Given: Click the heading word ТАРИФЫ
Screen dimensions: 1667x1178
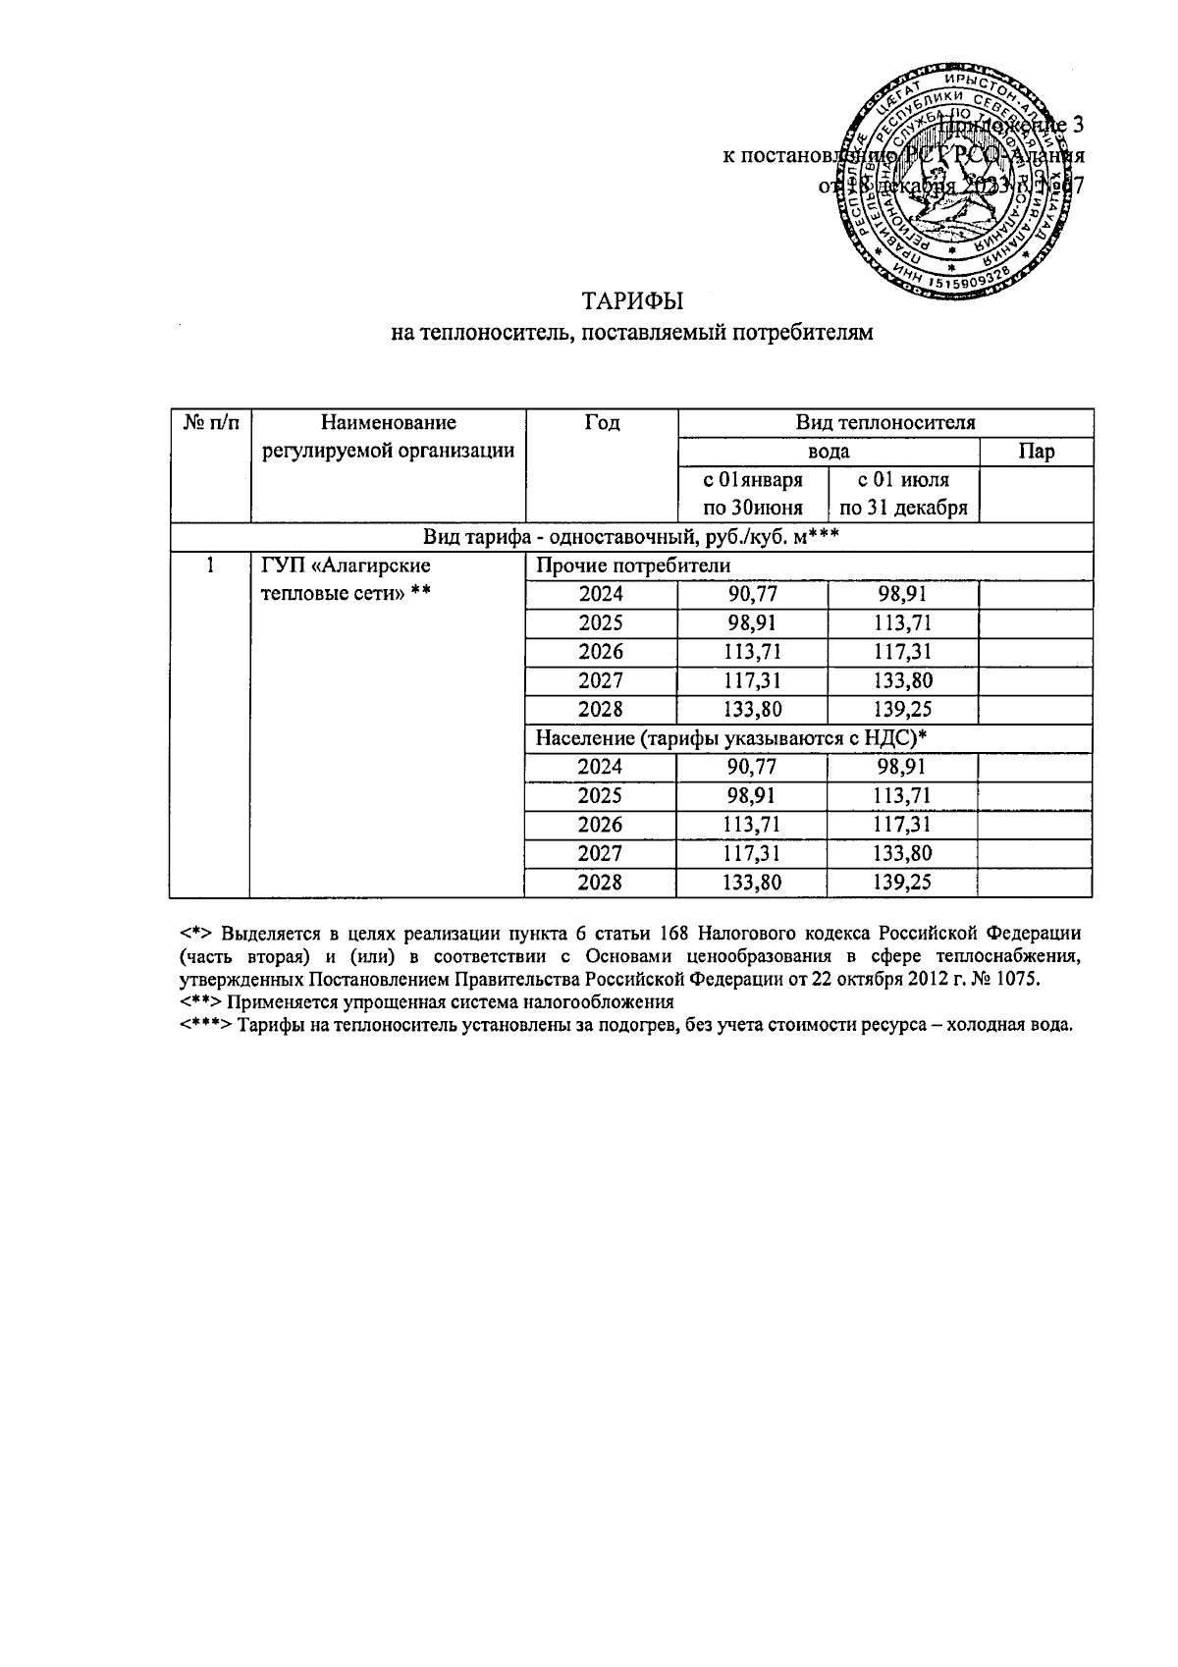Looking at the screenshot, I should (632, 300).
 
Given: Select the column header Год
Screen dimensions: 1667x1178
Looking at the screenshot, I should (602, 423).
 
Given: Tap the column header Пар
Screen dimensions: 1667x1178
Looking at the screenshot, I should (1036, 452).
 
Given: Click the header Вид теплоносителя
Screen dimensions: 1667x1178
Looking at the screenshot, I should (884, 423).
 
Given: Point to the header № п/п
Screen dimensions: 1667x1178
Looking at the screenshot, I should (210, 423).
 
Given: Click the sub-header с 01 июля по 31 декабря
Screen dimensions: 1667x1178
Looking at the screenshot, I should (903, 494).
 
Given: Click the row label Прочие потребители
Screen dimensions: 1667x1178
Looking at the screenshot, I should (632, 566).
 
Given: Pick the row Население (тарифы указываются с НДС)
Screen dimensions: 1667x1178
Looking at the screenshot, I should (730, 739).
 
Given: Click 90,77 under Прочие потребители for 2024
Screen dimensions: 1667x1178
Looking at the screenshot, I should (752, 595).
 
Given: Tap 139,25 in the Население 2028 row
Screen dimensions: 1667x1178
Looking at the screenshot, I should (902, 883).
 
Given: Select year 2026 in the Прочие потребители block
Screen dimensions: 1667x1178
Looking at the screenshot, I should (601, 652).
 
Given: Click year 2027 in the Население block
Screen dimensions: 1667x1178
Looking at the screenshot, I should (601, 854).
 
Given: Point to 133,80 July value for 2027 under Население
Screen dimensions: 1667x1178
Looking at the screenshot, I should (902, 854).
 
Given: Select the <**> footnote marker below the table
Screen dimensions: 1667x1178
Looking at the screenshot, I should (202, 1002).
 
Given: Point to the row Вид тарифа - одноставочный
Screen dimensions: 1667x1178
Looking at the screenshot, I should (632, 537).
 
